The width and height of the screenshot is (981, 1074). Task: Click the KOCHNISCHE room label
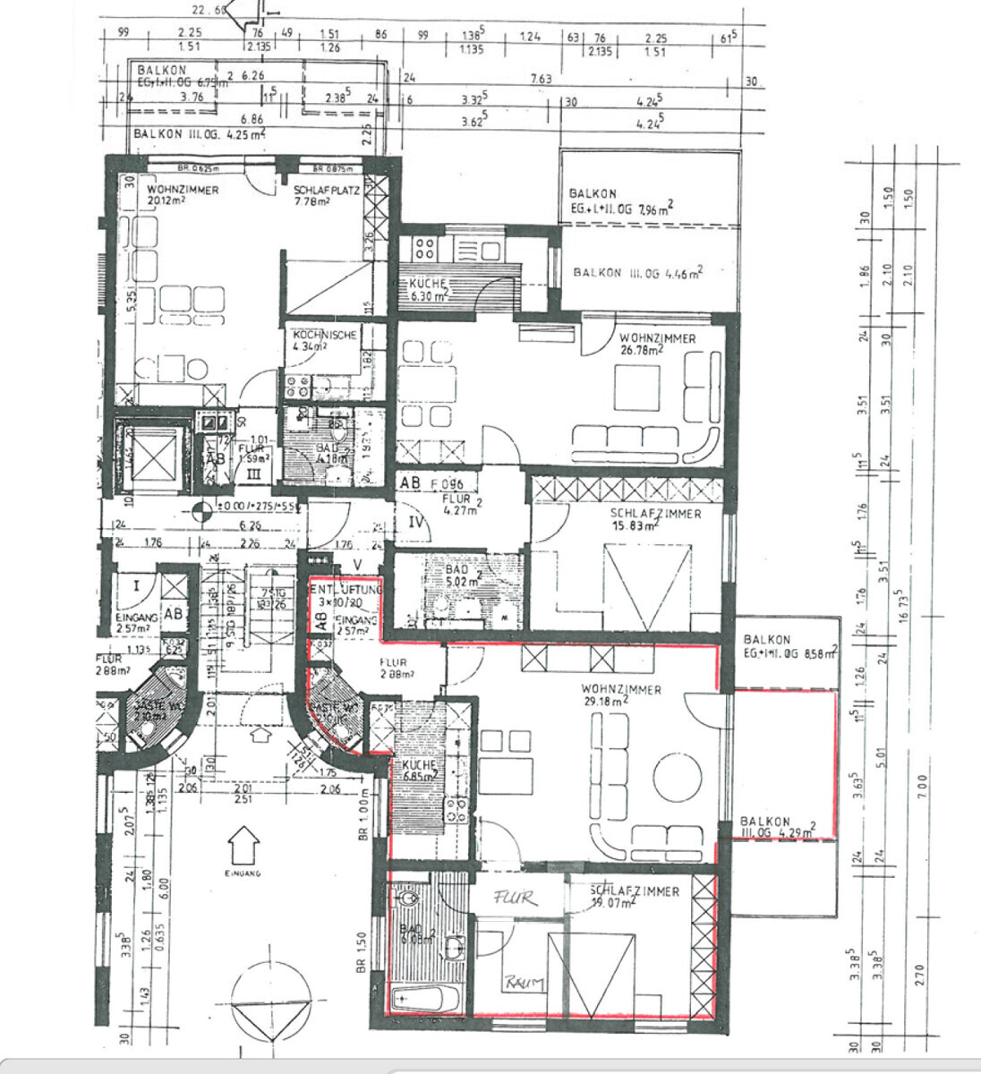[x=325, y=335]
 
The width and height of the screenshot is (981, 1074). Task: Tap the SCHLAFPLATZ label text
[x=325, y=191]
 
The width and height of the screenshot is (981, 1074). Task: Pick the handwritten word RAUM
[x=524, y=983]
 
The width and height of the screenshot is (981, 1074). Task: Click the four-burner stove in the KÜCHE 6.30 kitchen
[x=424, y=247]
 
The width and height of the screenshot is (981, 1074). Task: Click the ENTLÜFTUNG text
[x=346, y=591]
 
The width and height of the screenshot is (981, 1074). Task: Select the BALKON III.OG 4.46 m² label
[x=637, y=272]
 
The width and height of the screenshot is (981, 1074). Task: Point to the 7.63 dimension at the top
[x=541, y=80]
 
